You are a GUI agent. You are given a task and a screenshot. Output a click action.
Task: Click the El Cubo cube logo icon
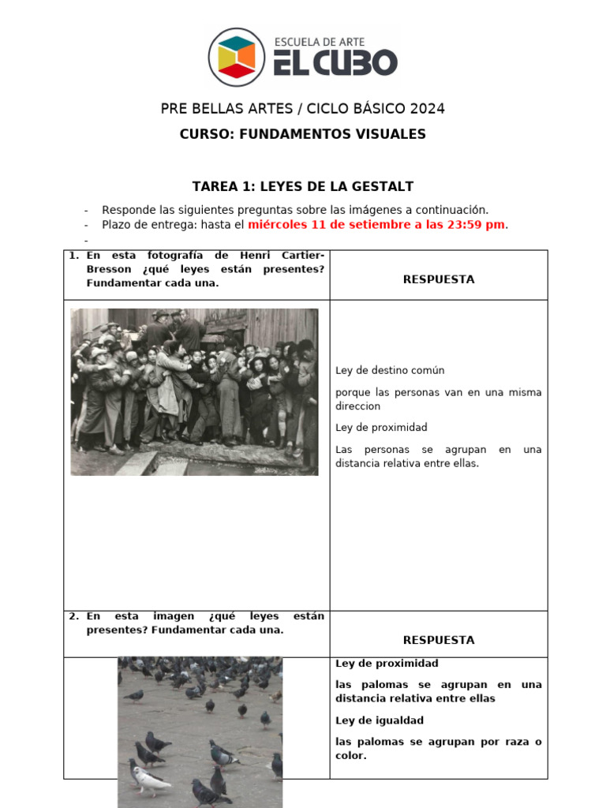coord(237,57)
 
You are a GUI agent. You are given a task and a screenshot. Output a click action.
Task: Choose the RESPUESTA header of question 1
coord(439,279)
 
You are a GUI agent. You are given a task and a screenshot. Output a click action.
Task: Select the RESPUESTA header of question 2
coord(439,640)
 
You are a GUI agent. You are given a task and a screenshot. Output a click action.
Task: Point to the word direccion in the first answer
coord(357,406)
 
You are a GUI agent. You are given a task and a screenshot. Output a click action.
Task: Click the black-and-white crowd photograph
coord(194,392)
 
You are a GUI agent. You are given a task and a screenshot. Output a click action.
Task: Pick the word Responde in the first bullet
coord(129,210)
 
